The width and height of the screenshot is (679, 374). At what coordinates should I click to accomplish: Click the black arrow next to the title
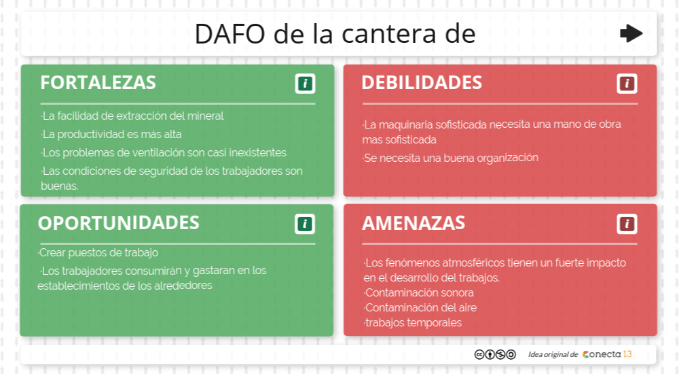pyautogui.click(x=631, y=33)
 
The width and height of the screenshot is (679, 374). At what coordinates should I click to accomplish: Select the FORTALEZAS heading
pyautogui.click(x=98, y=82)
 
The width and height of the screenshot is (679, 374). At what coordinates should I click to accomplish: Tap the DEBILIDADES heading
pyautogui.click(x=422, y=82)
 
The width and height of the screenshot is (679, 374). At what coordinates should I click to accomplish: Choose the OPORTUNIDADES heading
pyautogui.click(x=118, y=223)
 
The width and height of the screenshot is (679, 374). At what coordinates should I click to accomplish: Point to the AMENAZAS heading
pyautogui.click(x=414, y=223)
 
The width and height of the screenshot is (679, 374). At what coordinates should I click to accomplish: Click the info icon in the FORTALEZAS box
pyautogui.click(x=305, y=84)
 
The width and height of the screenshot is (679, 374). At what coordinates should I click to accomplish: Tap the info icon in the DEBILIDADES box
pyautogui.click(x=627, y=84)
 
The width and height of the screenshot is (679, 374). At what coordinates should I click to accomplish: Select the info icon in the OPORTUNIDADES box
pyautogui.click(x=305, y=224)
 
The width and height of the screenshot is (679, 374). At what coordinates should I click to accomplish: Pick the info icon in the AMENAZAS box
pyautogui.click(x=627, y=224)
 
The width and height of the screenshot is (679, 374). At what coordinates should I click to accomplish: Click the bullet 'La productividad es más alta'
pyautogui.click(x=111, y=134)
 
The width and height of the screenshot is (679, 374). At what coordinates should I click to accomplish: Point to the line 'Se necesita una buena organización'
pyautogui.click(x=451, y=158)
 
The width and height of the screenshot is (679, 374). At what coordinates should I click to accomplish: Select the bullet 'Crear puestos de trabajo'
pyautogui.click(x=98, y=253)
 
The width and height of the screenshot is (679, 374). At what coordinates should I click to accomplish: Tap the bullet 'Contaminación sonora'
pyautogui.click(x=419, y=292)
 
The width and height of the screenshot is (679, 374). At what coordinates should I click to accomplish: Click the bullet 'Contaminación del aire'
pyautogui.click(x=420, y=307)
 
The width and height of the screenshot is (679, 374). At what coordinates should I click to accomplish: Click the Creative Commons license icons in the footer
pyautogui.click(x=495, y=354)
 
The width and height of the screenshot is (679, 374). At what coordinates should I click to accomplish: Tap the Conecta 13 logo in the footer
pyautogui.click(x=607, y=354)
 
